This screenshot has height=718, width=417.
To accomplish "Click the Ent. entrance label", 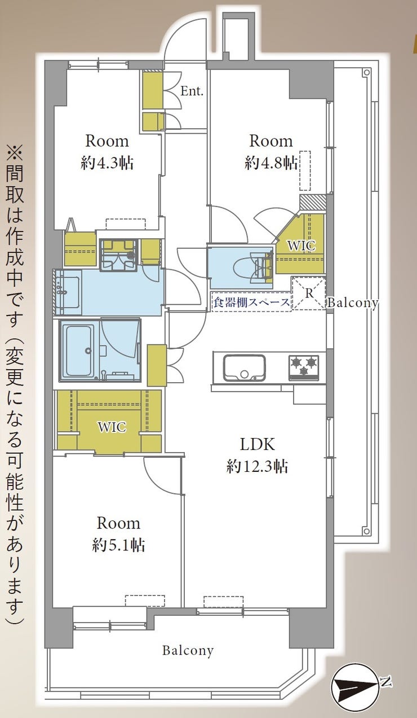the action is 192,91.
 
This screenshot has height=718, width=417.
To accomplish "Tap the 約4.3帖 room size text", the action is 107,164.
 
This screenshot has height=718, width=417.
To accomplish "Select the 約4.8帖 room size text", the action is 271,164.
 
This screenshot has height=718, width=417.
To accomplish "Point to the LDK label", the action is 258,445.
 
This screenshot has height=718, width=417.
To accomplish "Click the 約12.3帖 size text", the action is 258,466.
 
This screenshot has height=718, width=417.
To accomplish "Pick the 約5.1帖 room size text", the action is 119,545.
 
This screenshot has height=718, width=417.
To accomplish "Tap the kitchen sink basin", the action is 245,367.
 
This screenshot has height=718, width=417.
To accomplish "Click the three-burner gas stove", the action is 304,367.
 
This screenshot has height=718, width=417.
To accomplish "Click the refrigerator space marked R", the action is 309,294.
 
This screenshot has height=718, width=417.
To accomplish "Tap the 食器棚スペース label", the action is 251,302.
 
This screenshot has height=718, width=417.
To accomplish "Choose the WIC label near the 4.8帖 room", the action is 301,246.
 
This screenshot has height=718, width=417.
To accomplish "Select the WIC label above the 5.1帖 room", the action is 112,427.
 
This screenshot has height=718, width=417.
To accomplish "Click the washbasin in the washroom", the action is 68,292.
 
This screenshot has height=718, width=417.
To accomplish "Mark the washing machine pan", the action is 118,255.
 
